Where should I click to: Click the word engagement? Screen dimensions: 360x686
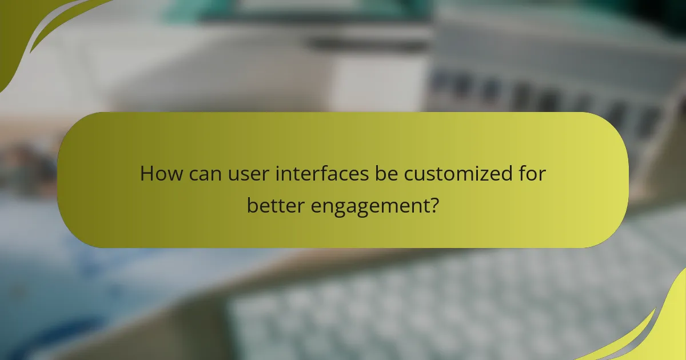[x=369, y=206]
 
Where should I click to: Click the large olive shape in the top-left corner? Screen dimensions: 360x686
[x=23, y=29]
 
